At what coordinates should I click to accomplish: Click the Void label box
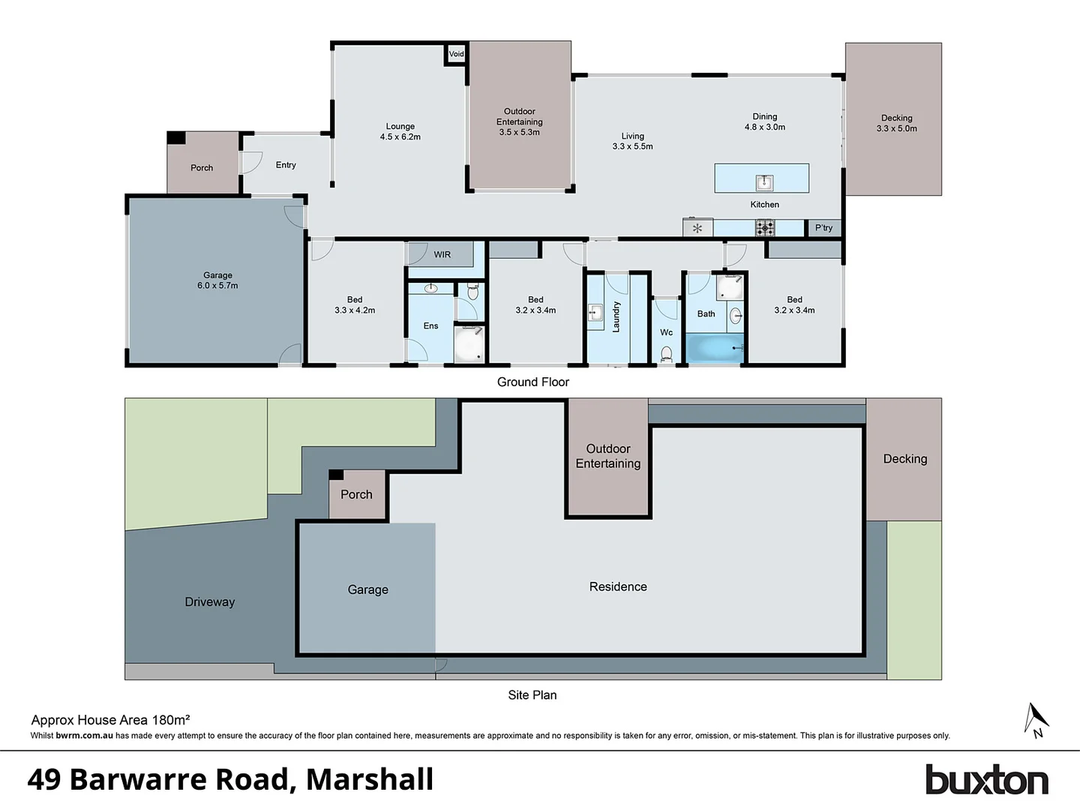click(x=456, y=54)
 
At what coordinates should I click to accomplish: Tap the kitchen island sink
click(x=764, y=181)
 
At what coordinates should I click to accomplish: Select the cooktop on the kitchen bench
click(x=764, y=227)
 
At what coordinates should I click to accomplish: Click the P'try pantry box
click(x=823, y=228)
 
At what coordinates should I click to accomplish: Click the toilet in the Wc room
click(x=666, y=353)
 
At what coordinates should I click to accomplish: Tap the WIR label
click(x=442, y=255)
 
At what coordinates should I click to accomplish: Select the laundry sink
click(x=595, y=313)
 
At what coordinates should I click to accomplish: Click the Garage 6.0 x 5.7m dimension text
click(x=217, y=286)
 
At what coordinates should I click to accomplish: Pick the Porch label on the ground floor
click(x=202, y=168)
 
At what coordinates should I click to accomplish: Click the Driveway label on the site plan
click(x=210, y=602)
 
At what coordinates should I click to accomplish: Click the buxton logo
click(x=986, y=780)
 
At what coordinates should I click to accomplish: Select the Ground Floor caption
click(x=532, y=382)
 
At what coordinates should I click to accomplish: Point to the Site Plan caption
click(x=532, y=695)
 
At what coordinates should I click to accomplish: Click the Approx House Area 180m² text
click(x=110, y=720)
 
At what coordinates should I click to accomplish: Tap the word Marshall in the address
click(x=370, y=780)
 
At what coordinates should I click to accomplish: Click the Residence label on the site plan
click(x=618, y=587)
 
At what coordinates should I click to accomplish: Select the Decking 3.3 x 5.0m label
click(x=896, y=124)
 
